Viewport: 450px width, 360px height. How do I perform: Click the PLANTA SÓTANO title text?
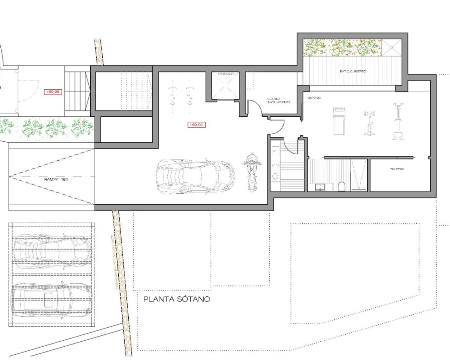177,299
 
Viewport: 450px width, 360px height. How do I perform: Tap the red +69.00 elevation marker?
196,125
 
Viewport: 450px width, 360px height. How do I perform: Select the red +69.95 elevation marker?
52,92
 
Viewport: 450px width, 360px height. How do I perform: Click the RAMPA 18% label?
56,179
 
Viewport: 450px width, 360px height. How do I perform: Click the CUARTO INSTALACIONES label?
278,101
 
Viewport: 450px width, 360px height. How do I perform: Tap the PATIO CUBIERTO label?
353,71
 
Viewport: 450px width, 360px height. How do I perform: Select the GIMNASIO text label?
314,98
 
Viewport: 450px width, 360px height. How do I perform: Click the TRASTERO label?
397,169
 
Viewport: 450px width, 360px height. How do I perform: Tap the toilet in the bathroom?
341,186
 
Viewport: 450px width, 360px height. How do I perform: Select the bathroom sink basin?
320,187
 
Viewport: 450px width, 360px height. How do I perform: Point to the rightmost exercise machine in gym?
398,121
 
